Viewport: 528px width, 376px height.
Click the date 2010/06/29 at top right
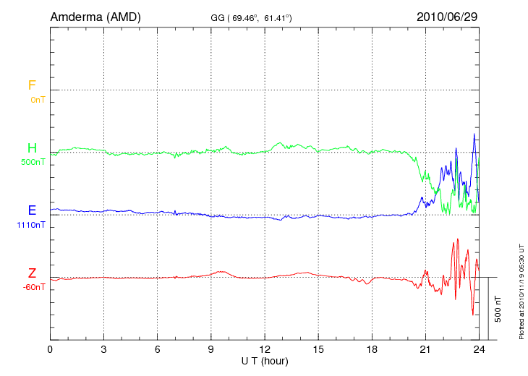(x=446, y=16)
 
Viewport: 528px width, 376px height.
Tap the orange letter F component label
(x=32, y=85)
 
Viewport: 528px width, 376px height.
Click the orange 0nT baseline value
(x=38, y=99)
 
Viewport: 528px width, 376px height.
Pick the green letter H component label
(x=32, y=148)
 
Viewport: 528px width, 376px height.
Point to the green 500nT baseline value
(x=33, y=162)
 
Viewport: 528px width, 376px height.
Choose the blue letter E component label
(x=32, y=211)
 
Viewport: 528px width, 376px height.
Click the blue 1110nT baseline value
(x=30, y=225)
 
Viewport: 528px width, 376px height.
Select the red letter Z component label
(x=32, y=273)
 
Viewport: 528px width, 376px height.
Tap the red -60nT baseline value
(x=34, y=287)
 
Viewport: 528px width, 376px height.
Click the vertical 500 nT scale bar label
(x=498, y=309)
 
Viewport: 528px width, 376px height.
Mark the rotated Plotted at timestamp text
(x=521, y=289)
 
